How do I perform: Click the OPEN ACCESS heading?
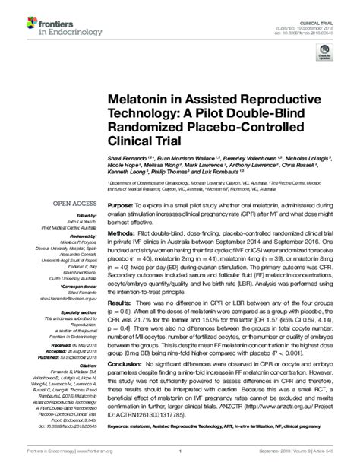tap(74, 203)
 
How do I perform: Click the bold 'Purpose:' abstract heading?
tap(121, 205)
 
